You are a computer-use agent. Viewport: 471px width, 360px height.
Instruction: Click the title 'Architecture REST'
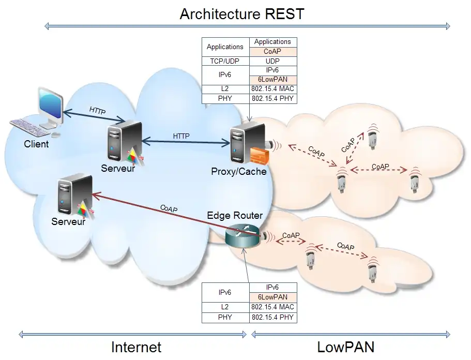coord(242,14)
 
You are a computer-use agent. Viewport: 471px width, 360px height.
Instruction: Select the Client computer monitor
coord(51,107)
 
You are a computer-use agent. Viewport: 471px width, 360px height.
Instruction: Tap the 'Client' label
coord(36,144)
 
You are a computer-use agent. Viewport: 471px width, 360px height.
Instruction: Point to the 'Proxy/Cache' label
coord(239,171)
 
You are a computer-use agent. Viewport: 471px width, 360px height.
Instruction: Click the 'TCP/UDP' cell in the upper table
coord(225,62)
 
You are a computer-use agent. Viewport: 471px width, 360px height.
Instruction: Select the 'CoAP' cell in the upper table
coord(273,52)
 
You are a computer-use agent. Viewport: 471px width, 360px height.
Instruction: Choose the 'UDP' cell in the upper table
coord(273,62)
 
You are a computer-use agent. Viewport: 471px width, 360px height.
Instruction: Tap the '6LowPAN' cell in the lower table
coord(273,297)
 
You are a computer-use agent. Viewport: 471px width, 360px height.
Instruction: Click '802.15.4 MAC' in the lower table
coord(273,307)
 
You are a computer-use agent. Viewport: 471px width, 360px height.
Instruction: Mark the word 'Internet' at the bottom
coord(136,347)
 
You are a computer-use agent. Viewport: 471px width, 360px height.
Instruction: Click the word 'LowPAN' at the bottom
coord(346,347)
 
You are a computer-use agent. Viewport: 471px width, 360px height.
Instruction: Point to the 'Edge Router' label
coord(235,216)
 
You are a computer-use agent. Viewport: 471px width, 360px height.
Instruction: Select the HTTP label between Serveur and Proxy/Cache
coord(181,136)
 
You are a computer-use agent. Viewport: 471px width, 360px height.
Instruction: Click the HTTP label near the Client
coord(97,110)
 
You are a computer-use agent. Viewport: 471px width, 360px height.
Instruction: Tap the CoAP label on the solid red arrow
coord(169,208)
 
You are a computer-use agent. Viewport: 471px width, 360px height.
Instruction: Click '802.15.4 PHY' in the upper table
coord(273,99)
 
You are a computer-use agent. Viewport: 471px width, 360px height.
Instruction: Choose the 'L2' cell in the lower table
coord(225,307)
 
